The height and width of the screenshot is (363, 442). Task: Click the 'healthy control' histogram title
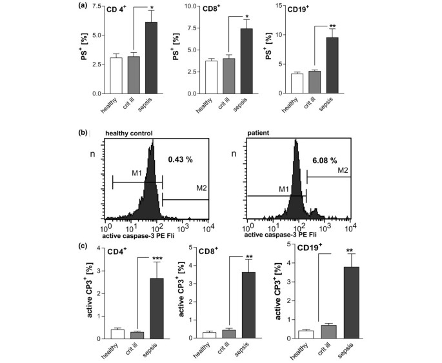click(x=129, y=133)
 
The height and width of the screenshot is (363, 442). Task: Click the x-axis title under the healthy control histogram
click(x=142, y=237)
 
